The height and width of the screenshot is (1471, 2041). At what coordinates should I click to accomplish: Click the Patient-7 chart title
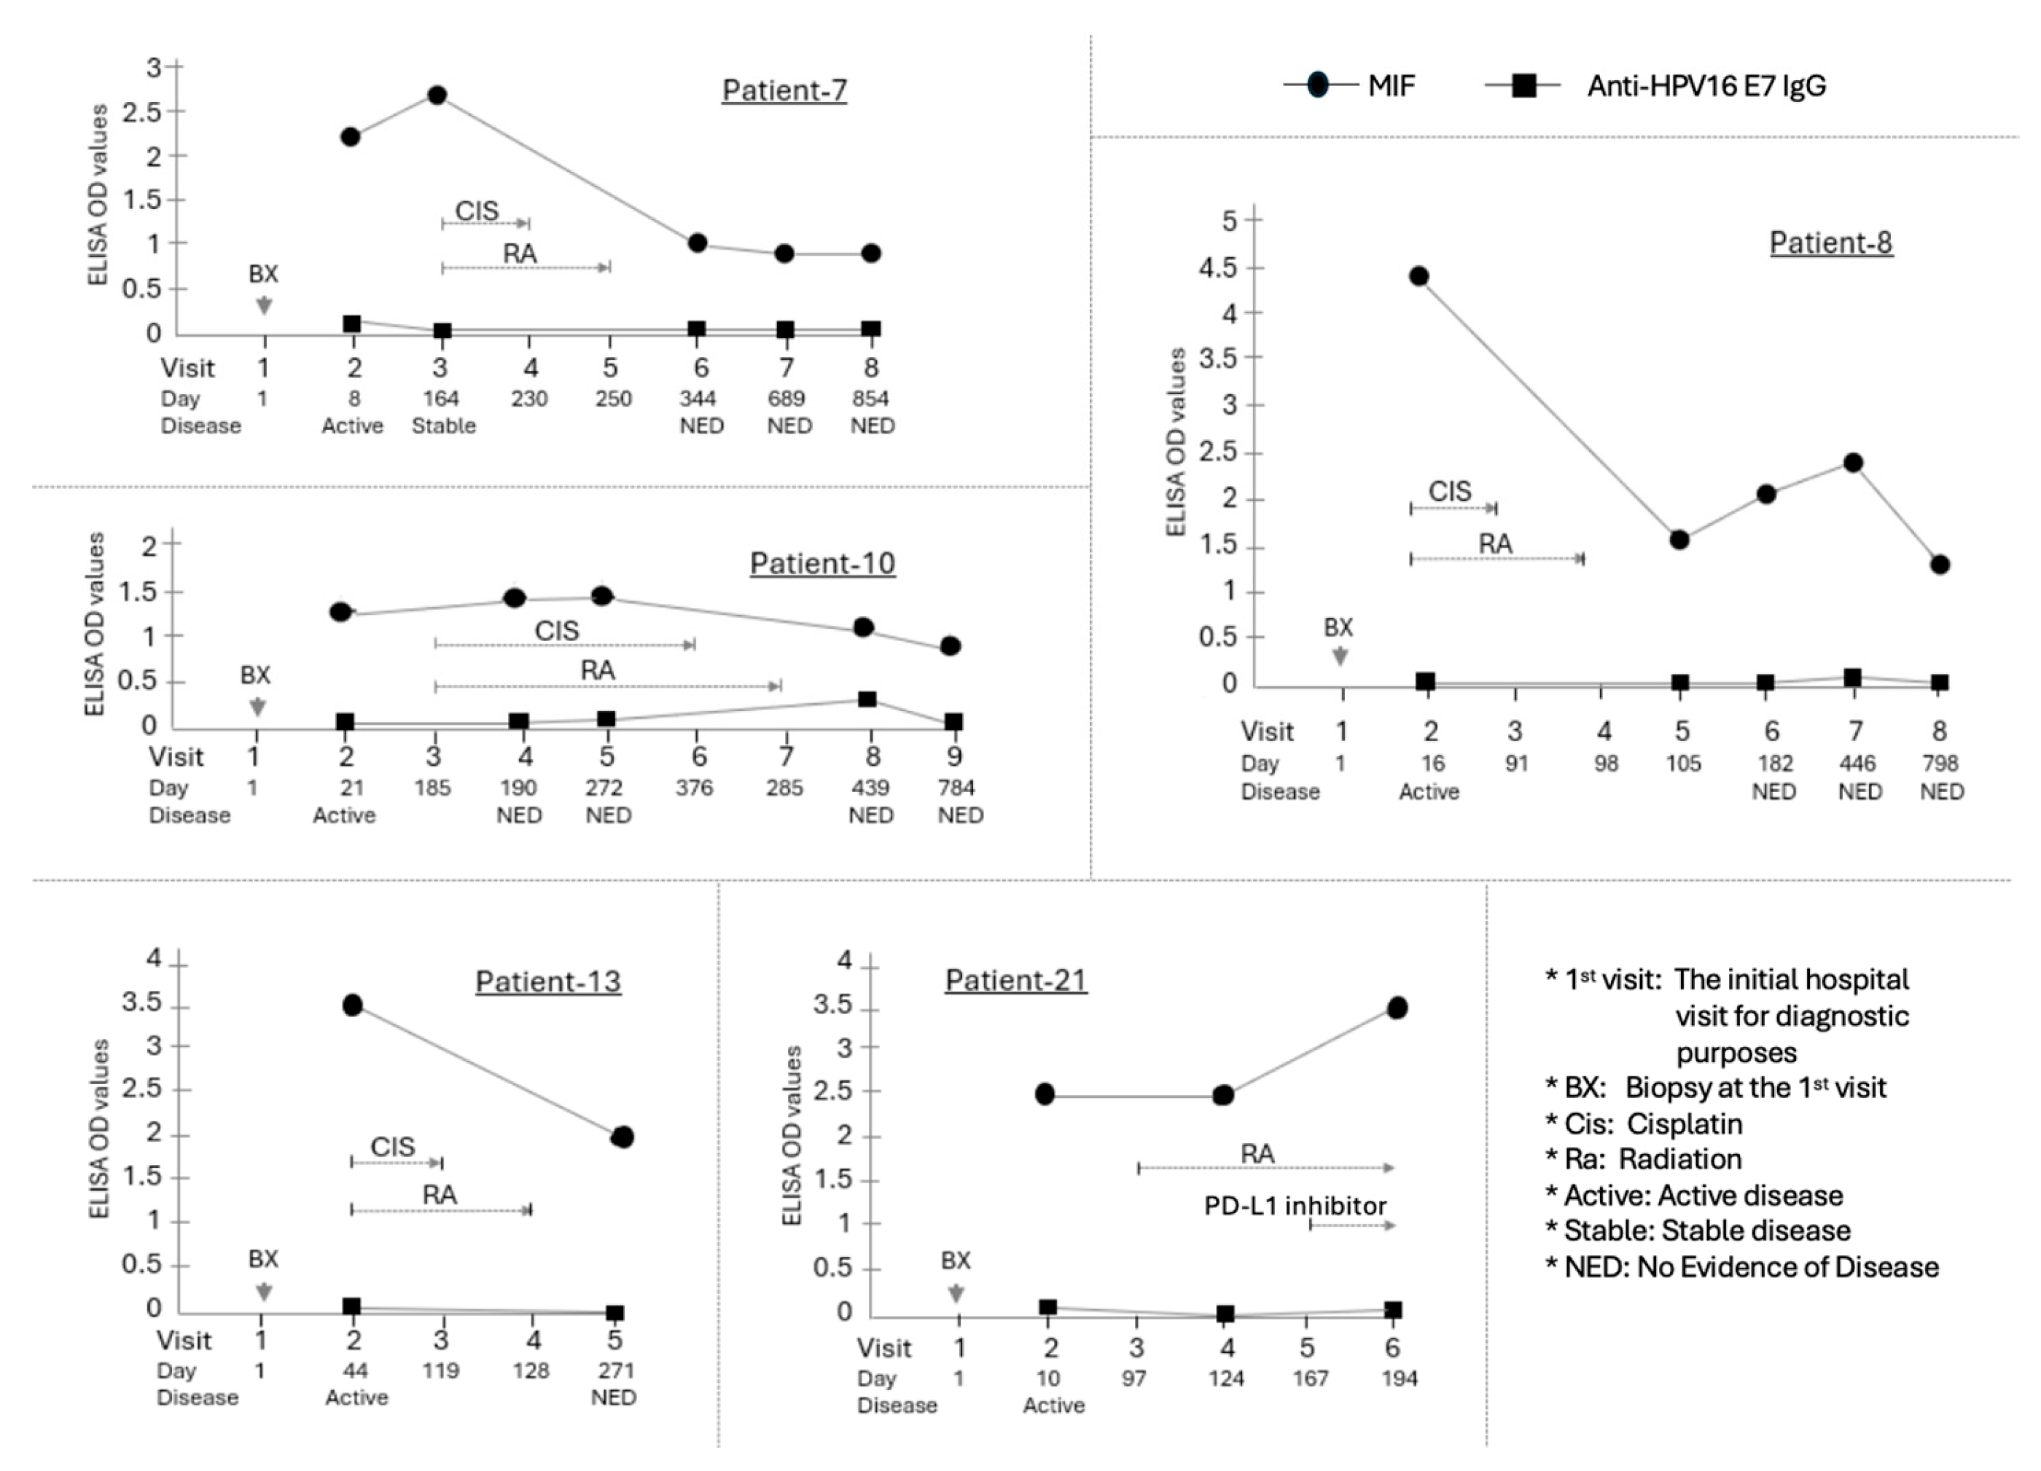[x=784, y=91]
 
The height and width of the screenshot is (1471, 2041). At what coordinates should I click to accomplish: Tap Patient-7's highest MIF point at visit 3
[x=437, y=95]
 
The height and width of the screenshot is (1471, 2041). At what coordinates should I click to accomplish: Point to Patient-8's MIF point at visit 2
[x=1419, y=276]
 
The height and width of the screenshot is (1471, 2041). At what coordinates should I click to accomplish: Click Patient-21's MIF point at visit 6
[x=1397, y=1008]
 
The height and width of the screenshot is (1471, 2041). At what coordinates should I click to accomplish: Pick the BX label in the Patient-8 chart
[x=1338, y=627]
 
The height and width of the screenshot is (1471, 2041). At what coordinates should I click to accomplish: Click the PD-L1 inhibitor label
[x=1295, y=1206]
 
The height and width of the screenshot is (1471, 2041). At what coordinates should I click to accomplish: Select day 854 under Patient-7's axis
[x=870, y=399]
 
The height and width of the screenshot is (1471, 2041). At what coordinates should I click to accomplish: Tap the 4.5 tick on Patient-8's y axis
[x=1217, y=268]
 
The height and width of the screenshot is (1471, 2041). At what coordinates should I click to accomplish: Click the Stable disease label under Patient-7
[x=444, y=425]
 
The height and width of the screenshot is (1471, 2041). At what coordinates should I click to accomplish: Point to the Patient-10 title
[x=822, y=564]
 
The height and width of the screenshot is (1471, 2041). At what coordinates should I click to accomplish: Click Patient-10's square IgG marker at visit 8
[x=867, y=699]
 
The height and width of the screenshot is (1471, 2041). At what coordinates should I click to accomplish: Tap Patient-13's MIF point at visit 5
[x=622, y=1137]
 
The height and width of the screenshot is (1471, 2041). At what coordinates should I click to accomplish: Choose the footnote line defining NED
[x=1741, y=1267]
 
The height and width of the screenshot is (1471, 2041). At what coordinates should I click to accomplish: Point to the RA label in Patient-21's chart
[x=1257, y=1154]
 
